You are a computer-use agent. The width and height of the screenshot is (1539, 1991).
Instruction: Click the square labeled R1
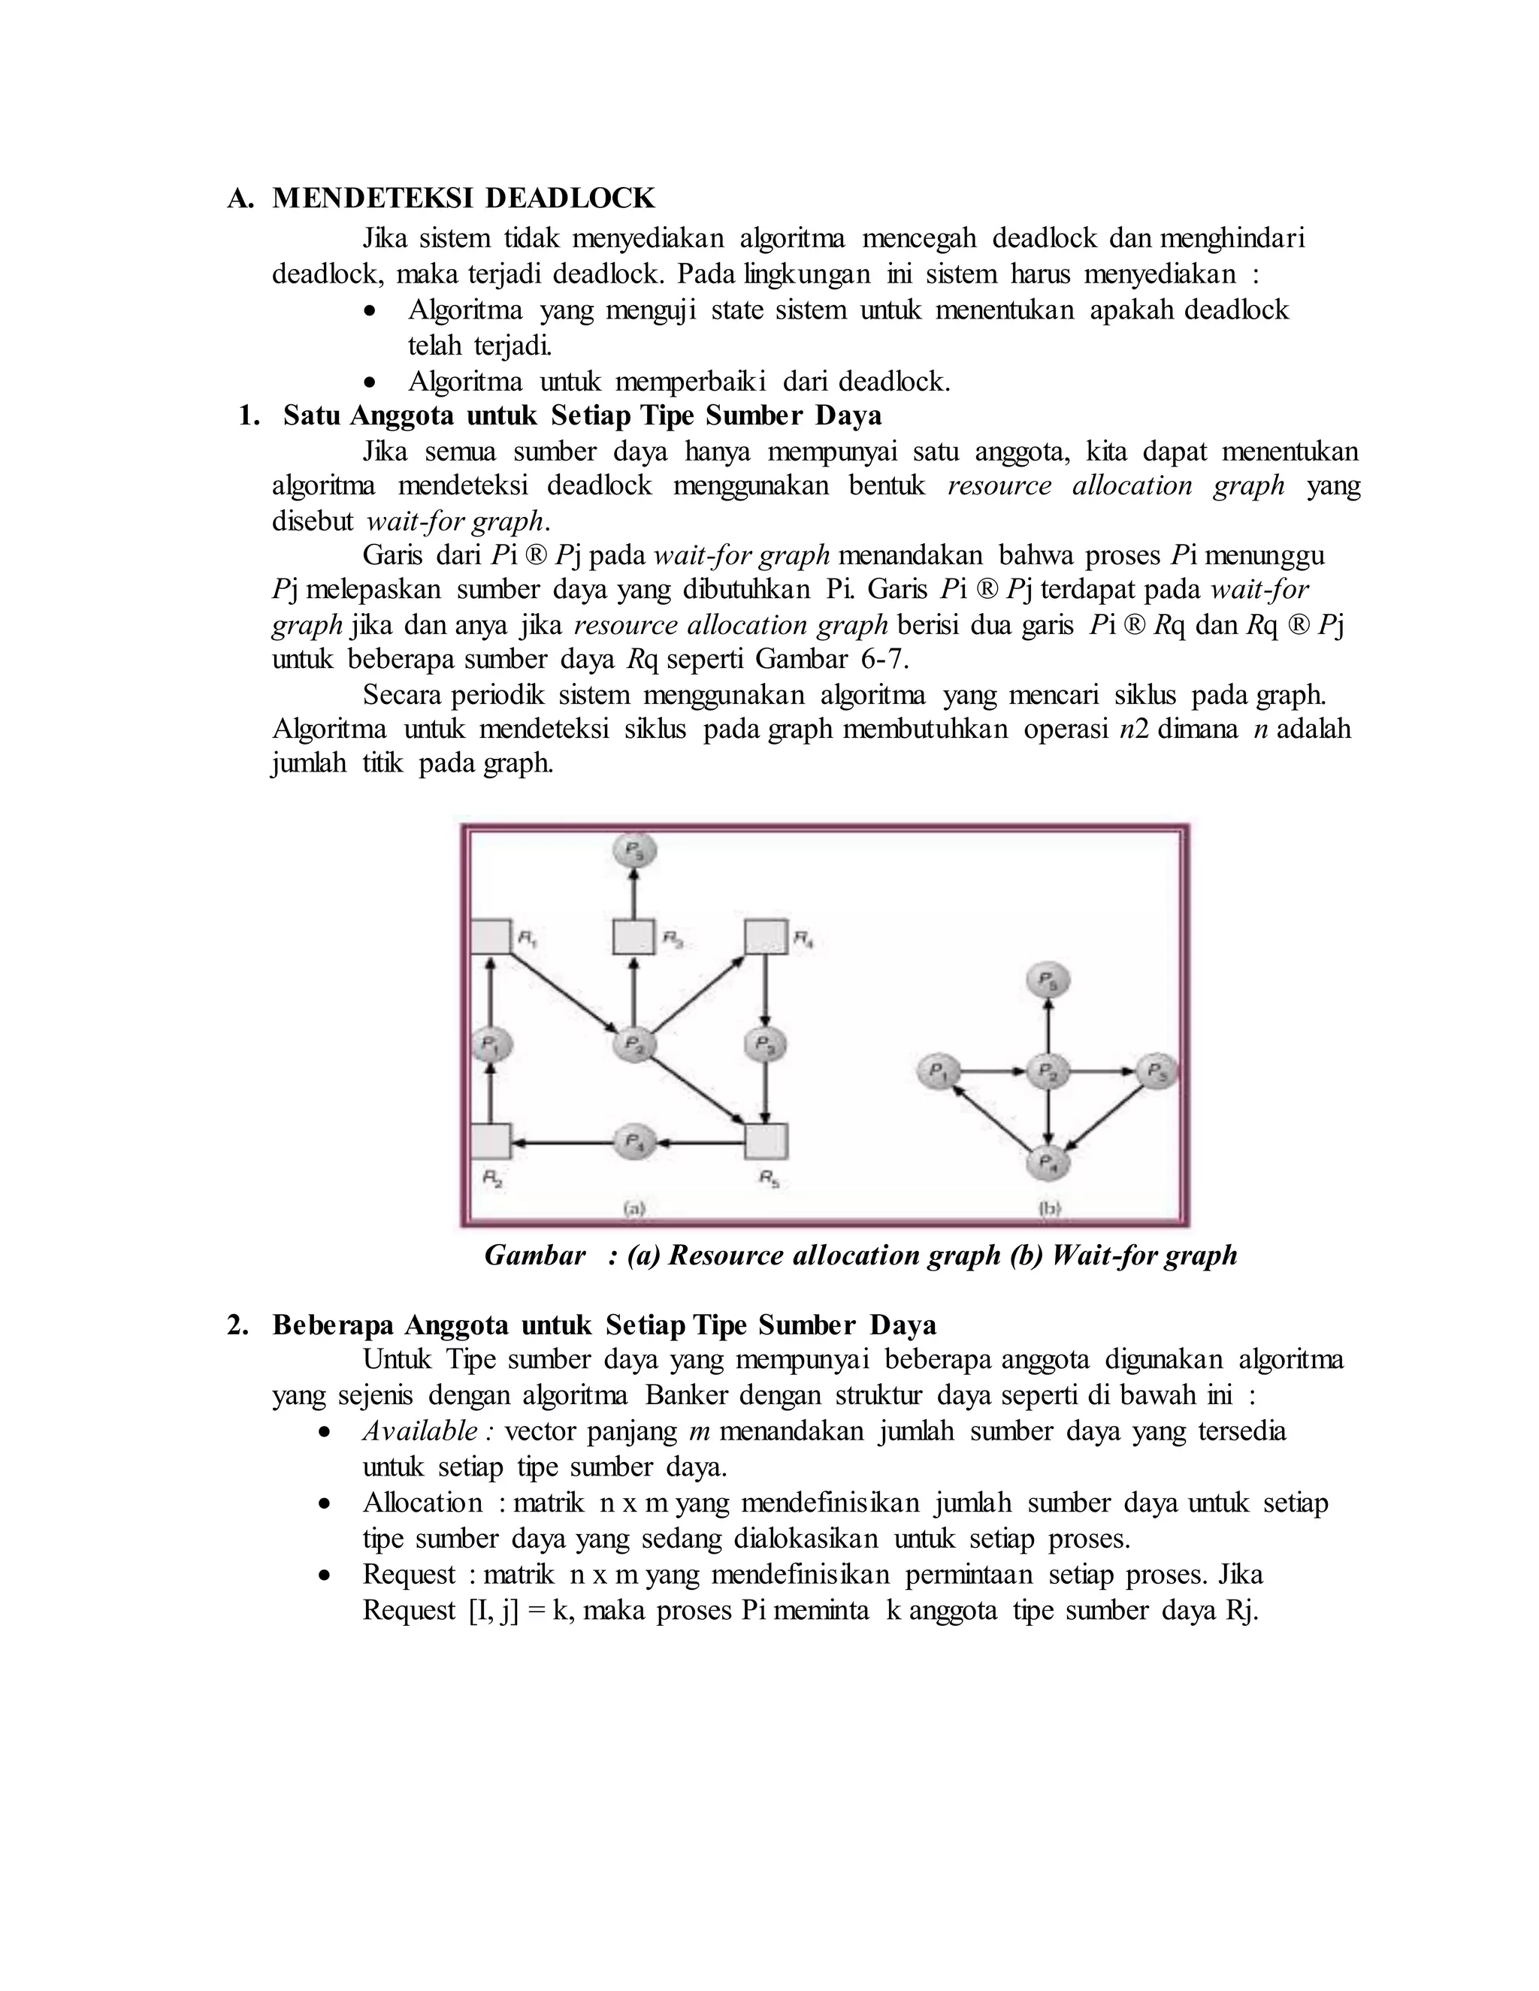point(491,936)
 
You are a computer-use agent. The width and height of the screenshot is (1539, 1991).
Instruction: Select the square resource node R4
point(766,936)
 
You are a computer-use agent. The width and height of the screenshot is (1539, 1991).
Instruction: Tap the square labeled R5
point(766,1141)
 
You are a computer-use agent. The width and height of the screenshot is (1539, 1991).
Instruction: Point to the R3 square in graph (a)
point(633,936)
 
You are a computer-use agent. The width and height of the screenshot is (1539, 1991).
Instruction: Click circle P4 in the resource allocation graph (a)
point(634,1141)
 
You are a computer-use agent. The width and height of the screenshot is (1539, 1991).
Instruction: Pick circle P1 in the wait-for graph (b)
point(936,1071)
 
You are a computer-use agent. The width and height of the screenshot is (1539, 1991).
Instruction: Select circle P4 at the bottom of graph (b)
point(1048,1162)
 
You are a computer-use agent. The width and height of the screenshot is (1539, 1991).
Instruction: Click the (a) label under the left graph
point(634,1208)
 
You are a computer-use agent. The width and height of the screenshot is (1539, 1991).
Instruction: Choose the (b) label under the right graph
point(1049,1208)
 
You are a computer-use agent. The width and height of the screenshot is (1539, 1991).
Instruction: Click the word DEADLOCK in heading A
point(570,198)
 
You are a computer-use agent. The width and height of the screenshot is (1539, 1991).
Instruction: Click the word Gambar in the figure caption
point(534,1255)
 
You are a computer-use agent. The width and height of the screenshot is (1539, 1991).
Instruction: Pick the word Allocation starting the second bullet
point(422,1503)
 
